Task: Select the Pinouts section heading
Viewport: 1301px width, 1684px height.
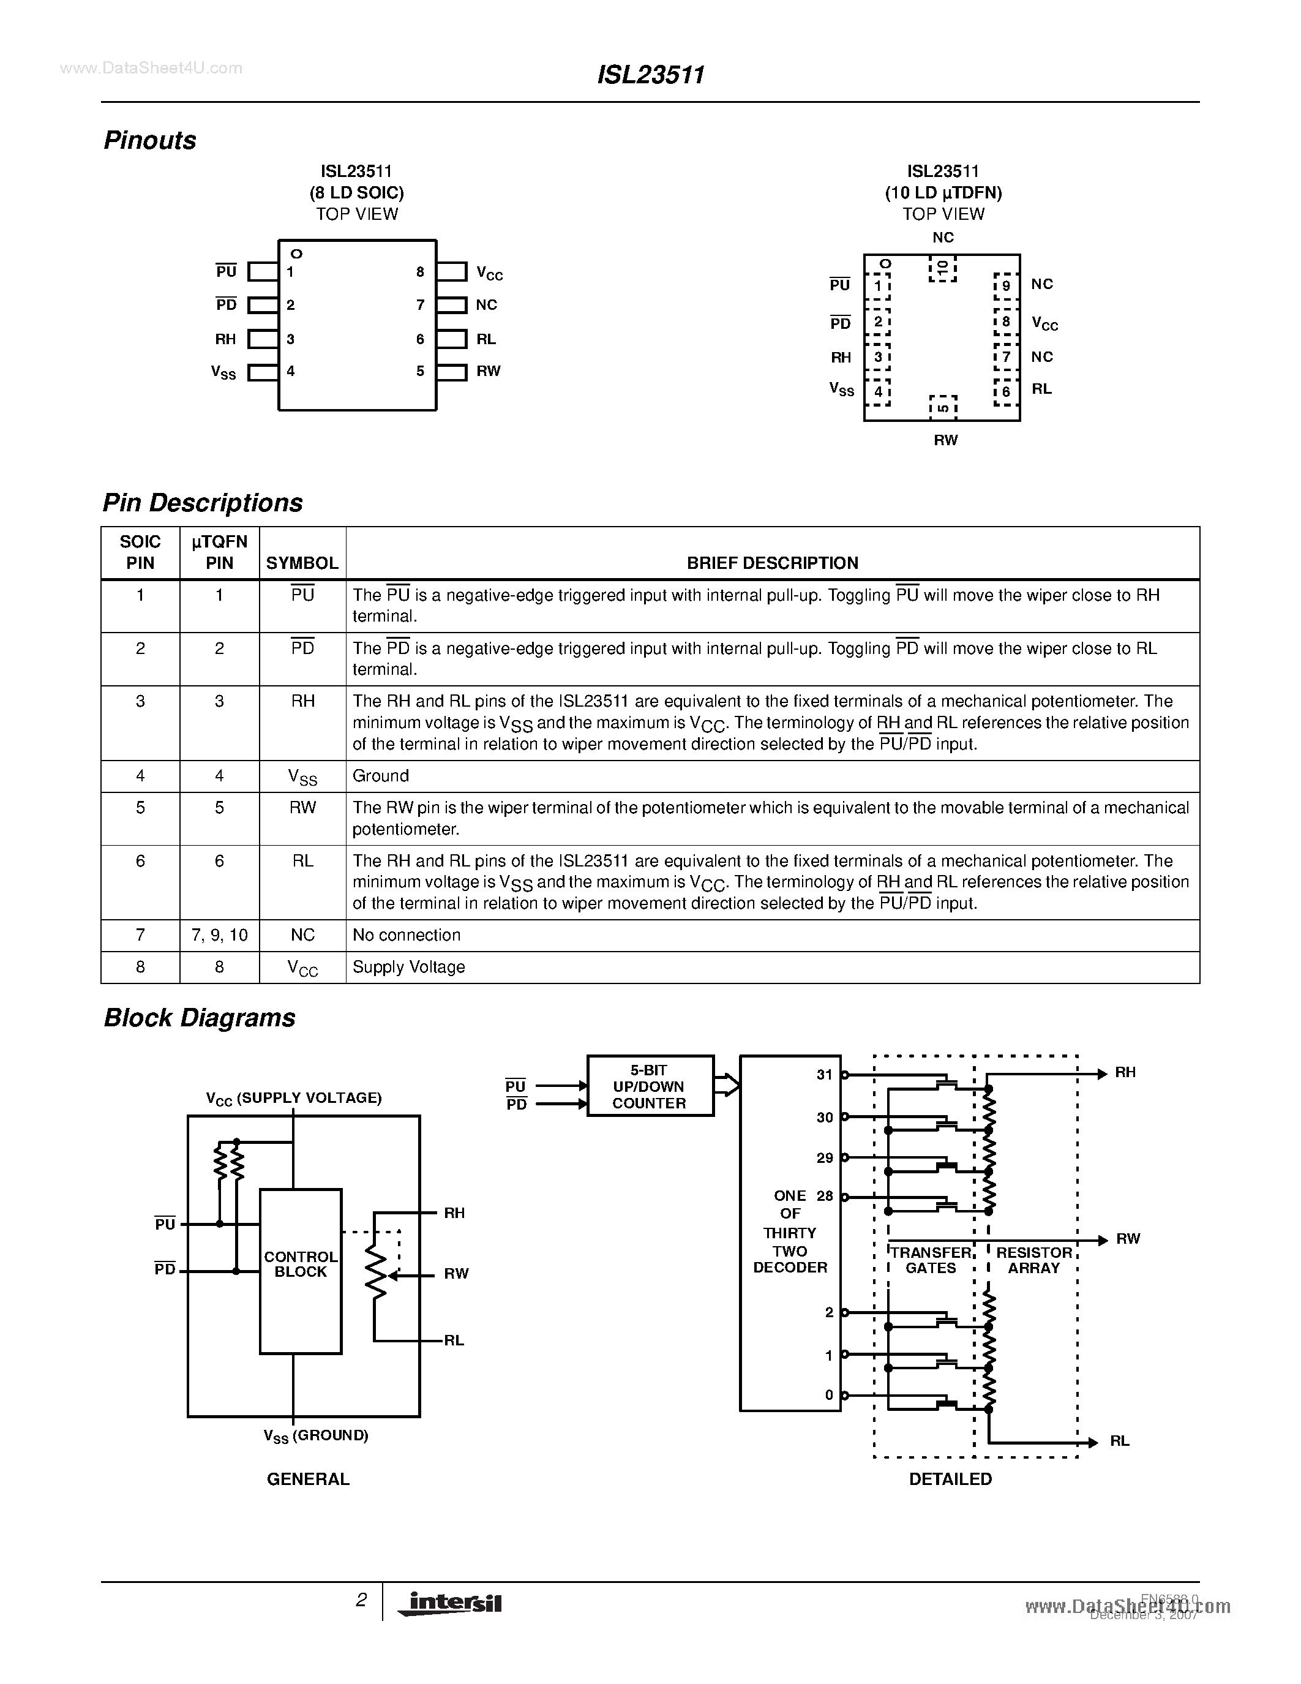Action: coord(150,140)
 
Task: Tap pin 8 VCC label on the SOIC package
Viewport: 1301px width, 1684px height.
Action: coord(489,273)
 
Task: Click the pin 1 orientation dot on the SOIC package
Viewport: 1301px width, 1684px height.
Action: coord(296,254)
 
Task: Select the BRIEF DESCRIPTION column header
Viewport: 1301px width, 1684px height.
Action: coord(772,563)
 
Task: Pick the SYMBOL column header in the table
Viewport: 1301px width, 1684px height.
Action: coord(302,563)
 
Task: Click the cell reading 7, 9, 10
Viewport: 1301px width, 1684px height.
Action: coord(219,935)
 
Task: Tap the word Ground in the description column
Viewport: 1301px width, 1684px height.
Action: coord(381,776)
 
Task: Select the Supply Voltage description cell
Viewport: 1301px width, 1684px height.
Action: coord(408,967)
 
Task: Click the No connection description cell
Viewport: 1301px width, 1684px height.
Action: coord(406,935)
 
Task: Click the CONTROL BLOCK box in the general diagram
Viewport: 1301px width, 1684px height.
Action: coord(301,1265)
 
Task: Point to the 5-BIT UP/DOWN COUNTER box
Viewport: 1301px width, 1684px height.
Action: coord(650,1086)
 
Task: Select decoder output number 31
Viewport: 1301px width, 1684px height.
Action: coord(825,1075)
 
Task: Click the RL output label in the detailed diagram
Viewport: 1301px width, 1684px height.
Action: coord(1120,1441)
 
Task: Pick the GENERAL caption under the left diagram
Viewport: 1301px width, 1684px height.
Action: coord(307,1479)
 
